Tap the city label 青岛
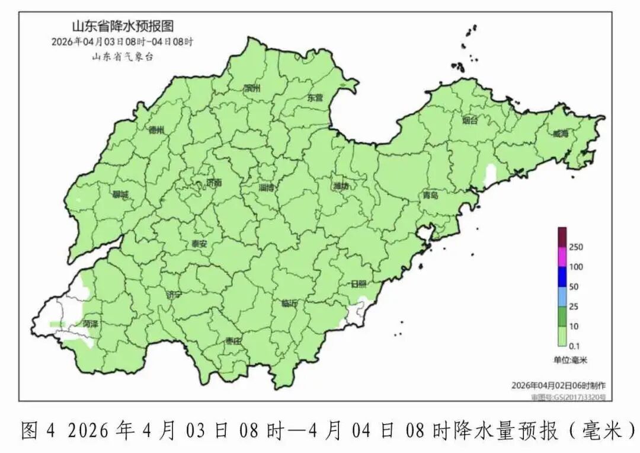click(x=430, y=195)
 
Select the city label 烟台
click(x=469, y=120)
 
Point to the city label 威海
click(x=560, y=134)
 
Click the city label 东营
click(x=315, y=98)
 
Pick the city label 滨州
click(x=252, y=89)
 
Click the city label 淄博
click(x=267, y=188)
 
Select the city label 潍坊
click(x=341, y=186)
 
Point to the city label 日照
click(x=359, y=284)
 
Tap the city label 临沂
click(x=290, y=303)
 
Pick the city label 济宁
click(x=175, y=294)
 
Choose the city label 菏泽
click(x=90, y=324)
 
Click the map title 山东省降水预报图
click(x=123, y=27)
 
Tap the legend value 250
click(x=576, y=247)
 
